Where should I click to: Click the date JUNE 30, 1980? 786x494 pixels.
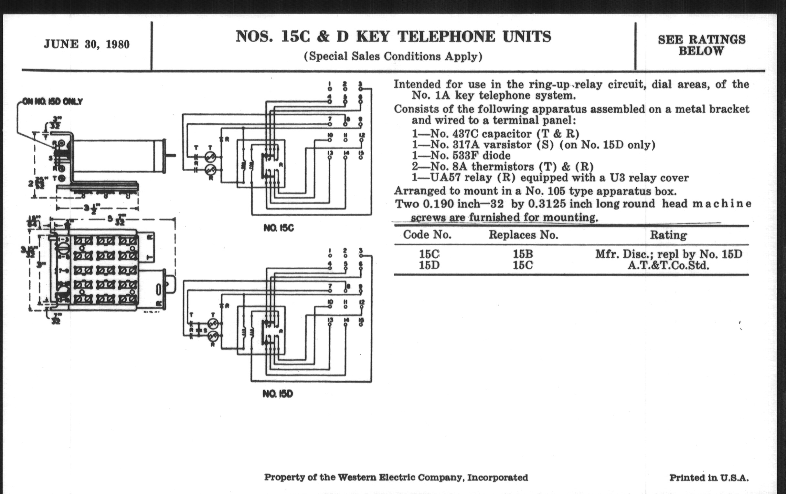tap(87, 44)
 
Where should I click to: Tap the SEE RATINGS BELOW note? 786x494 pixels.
tap(701, 45)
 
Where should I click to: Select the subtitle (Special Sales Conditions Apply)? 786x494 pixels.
tap(393, 57)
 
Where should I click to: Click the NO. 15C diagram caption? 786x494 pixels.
tap(279, 228)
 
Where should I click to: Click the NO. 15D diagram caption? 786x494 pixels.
tap(278, 394)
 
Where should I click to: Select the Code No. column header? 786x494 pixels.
tap(427, 234)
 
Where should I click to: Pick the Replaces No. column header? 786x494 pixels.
tap(523, 235)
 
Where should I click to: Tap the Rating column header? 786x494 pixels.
tap(668, 235)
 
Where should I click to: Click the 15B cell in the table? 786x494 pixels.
tap(523, 254)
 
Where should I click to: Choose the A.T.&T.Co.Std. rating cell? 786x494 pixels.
tap(668, 265)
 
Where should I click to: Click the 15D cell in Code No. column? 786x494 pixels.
tap(429, 265)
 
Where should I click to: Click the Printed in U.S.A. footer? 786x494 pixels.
tap(709, 478)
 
